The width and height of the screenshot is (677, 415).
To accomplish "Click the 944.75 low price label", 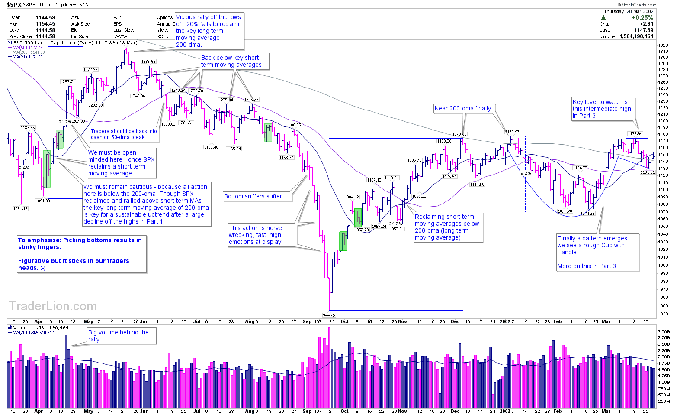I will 329,315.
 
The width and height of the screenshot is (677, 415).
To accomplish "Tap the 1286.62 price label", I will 148,62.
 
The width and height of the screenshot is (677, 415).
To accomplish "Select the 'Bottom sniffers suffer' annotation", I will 253,197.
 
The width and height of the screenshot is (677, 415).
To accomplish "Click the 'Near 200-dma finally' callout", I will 463,109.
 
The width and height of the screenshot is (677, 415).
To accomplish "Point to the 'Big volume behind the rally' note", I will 118,336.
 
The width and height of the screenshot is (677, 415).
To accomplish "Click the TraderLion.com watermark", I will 53,306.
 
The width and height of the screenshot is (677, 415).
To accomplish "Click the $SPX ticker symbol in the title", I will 14,5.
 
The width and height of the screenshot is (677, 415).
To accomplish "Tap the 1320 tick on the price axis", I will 663,45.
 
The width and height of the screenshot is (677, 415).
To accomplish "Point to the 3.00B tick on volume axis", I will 664,331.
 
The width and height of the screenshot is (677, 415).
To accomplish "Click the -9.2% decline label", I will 525,173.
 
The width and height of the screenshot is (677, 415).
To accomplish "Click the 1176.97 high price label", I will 512,132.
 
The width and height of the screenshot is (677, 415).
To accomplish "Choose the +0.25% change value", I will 642,18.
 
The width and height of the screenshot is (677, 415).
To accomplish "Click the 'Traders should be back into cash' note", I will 124,134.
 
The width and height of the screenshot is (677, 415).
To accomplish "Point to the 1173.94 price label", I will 635,134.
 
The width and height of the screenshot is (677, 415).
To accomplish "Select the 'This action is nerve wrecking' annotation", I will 255,235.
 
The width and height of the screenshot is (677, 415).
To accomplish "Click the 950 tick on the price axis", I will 663,305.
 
